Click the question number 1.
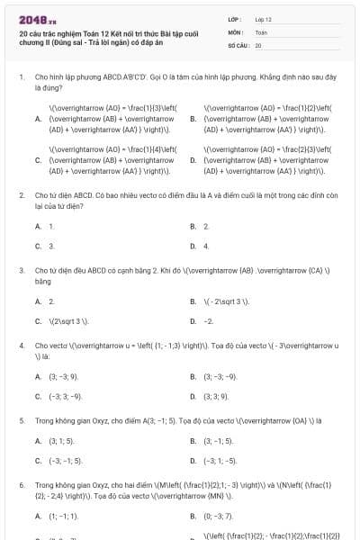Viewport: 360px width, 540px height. tap(21, 78)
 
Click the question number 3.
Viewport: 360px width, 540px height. tap(21, 269)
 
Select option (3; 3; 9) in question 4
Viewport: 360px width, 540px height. tap(216, 396)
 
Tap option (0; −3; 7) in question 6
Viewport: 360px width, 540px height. tap(217, 517)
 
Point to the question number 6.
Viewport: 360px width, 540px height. tap(21, 484)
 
